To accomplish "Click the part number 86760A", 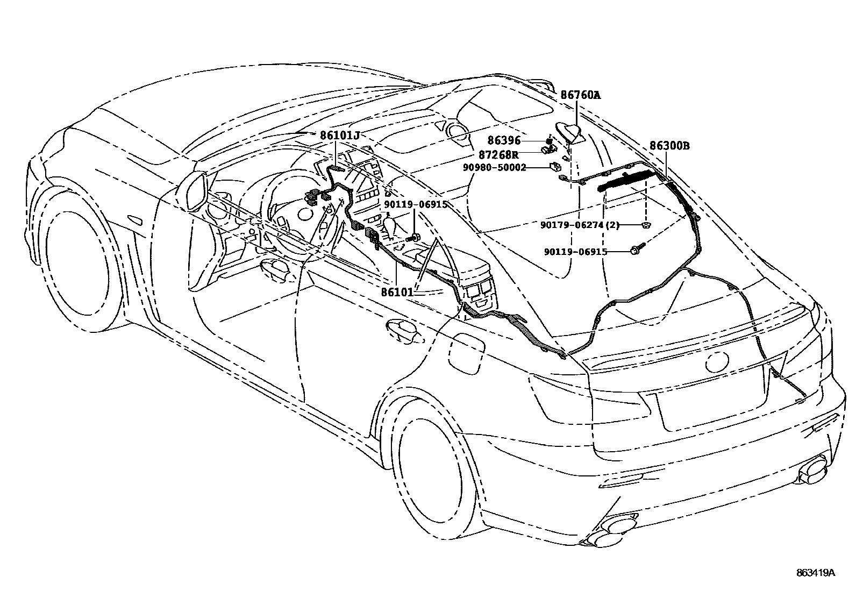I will [x=580, y=96].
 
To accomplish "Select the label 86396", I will [x=504, y=140].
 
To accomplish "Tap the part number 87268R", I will [x=498, y=155].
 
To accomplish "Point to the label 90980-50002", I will [x=495, y=168].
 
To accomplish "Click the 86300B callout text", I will [x=669, y=146].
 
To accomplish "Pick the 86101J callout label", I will [x=339, y=136].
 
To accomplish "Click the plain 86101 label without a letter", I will [x=397, y=293].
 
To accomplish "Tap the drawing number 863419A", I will [x=816, y=573].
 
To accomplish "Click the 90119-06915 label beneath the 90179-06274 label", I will [x=575, y=251].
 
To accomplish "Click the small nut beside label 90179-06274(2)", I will [x=646, y=224].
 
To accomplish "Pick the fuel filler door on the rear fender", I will [x=466, y=353].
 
